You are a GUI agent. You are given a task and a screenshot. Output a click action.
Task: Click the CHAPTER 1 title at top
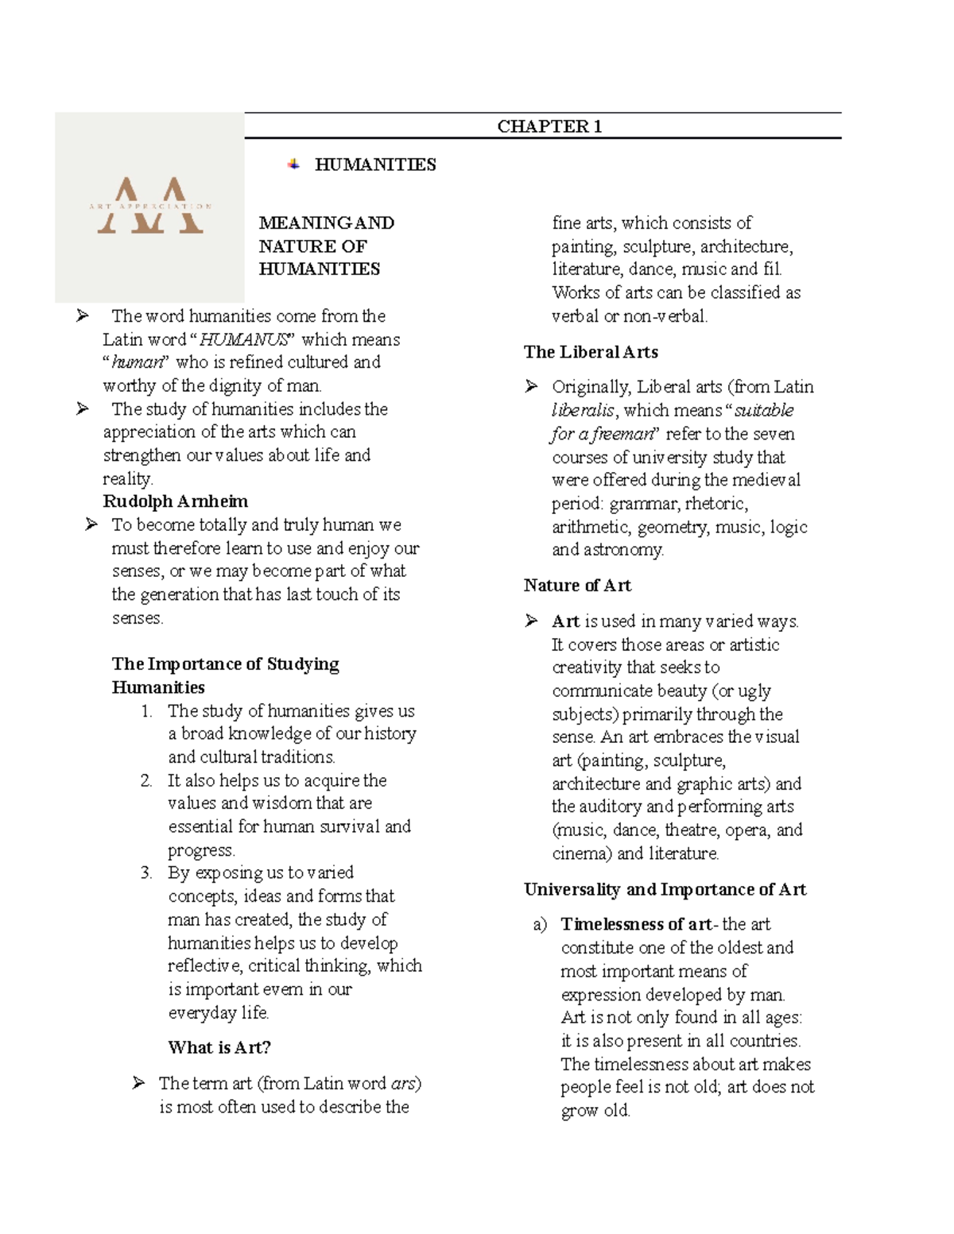tap(549, 126)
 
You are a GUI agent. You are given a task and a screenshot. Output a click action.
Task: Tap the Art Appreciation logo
tap(149, 207)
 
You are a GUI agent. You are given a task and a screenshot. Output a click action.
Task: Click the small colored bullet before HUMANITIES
tap(293, 164)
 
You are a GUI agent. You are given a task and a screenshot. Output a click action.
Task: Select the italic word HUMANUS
tap(243, 339)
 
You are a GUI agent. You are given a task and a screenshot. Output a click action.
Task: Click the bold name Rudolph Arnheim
tap(175, 501)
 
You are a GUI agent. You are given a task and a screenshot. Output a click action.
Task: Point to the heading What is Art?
tap(219, 1047)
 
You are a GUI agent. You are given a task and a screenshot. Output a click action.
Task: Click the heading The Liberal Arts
tap(591, 352)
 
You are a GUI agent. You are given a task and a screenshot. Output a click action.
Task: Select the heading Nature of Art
tap(577, 586)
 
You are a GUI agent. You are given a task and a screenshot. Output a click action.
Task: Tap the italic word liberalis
tap(583, 411)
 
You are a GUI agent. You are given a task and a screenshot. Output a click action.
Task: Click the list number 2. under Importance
tap(146, 780)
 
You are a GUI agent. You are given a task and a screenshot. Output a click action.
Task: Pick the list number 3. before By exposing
tap(146, 872)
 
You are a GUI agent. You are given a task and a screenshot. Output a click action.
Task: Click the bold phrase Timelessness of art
tap(636, 924)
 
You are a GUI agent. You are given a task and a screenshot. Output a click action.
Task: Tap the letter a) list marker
tap(541, 924)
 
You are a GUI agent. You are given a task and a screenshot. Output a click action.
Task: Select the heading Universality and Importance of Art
tap(665, 889)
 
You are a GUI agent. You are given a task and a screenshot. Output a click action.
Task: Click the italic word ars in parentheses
tap(403, 1083)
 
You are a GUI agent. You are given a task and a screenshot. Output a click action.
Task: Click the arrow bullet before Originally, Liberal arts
tap(532, 386)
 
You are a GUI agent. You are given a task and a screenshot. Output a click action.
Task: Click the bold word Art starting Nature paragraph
tap(565, 621)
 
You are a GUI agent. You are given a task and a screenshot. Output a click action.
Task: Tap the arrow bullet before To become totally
tap(91, 524)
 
